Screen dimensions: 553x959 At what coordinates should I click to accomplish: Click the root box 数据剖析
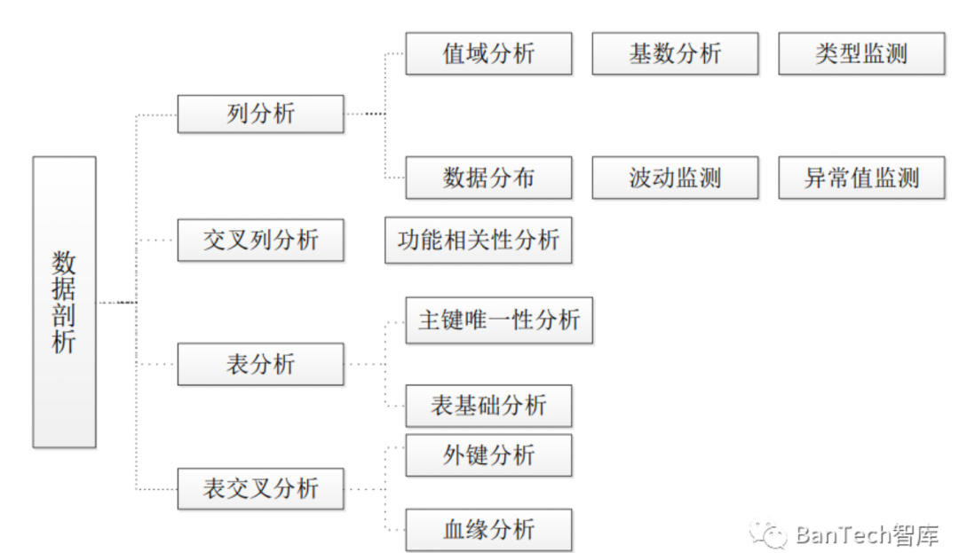[x=64, y=302]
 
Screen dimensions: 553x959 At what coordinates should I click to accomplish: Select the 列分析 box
[x=260, y=114]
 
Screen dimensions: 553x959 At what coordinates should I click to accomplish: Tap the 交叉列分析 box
[x=260, y=240]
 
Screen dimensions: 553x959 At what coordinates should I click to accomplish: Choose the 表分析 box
[x=260, y=364]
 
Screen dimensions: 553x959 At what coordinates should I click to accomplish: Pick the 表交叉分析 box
[x=260, y=488]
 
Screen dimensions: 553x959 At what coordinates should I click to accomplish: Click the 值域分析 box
[x=488, y=53]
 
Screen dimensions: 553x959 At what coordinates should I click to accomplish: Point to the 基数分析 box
[x=675, y=53]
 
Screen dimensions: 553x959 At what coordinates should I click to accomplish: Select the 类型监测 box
[x=861, y=53]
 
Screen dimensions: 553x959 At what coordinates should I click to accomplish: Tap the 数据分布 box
[x=488, y=178]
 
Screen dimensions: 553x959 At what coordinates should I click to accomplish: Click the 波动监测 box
[x=675, y=178]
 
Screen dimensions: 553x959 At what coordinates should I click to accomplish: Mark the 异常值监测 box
[x=861, y=178]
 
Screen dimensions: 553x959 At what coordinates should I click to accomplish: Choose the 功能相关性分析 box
[x=478, y=240]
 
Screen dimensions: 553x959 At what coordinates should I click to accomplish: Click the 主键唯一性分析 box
[x=499, y=320]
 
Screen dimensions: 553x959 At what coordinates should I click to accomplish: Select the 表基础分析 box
[x=488, y=407]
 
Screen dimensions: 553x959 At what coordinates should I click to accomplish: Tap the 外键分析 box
[x=488, y=455]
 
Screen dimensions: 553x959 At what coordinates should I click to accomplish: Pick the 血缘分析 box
[x=488, y=530]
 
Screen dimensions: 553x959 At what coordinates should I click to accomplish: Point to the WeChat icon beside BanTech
[x=769, y=534]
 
